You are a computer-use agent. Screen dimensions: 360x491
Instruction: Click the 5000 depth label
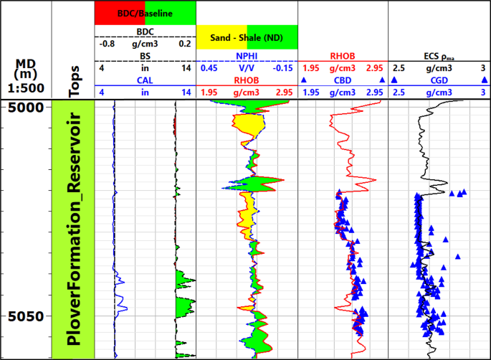(26, 108)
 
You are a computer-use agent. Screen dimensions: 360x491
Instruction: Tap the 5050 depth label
(26, 316)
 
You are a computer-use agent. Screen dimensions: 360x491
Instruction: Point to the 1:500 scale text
(26, 88)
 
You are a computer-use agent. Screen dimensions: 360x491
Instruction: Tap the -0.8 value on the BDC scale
(107, 43)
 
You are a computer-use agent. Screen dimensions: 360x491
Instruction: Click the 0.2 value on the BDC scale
(184, 43)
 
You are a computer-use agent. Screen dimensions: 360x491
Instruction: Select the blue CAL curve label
(146, 81)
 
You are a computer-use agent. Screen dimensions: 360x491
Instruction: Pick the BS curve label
(146, 56)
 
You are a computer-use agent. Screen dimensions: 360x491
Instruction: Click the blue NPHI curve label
(247, 56)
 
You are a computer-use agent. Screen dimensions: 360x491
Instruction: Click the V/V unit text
(247, 68)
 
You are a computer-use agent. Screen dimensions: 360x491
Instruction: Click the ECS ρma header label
(439, 56)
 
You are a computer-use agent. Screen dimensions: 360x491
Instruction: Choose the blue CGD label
(439, 81)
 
